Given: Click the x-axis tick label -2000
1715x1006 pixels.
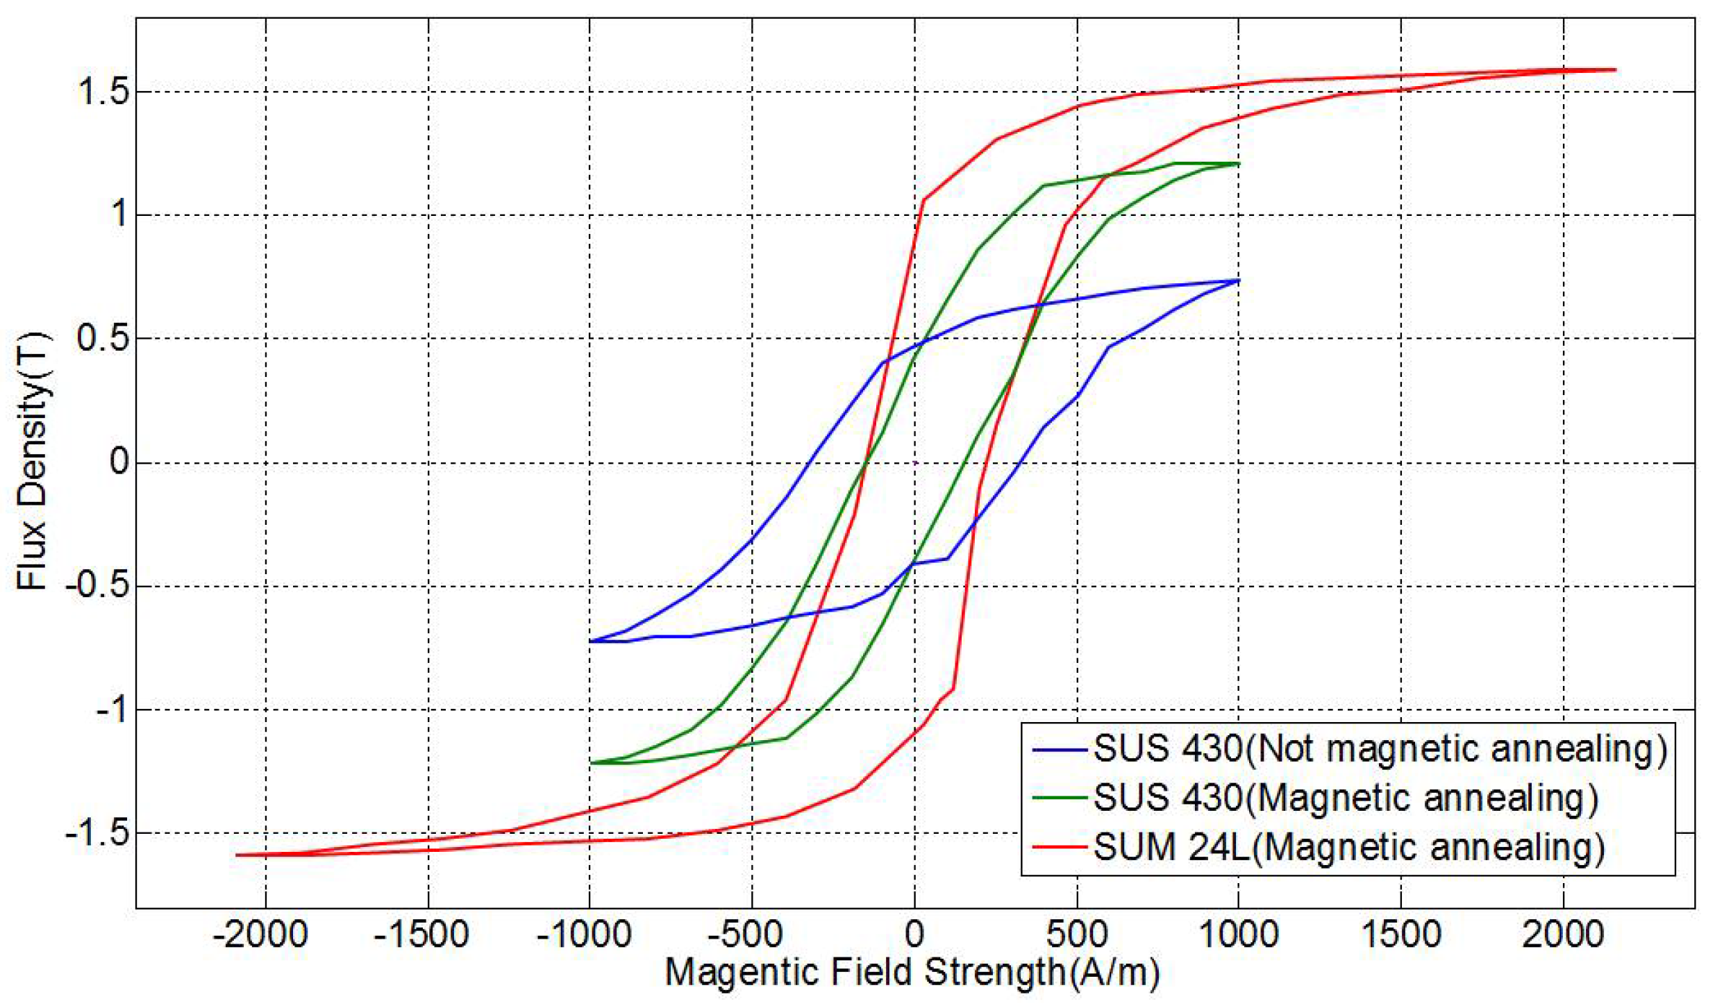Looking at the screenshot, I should (260, 935).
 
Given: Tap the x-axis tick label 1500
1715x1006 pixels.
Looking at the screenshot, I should (1401, 935).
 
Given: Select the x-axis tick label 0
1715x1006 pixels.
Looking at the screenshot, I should (914, 935).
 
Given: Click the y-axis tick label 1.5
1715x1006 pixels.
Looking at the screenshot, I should (103, 92).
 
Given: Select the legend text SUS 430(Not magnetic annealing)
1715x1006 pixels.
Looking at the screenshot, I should (1380, 749).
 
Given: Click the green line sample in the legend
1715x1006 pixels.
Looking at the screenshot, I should (1059, 798).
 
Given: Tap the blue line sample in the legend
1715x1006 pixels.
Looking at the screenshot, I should (1059, 750).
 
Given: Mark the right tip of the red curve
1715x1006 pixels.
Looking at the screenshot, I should (1615, 70).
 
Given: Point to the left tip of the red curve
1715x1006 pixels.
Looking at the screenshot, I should (237, 855).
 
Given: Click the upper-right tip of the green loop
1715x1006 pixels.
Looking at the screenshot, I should (1239, 164).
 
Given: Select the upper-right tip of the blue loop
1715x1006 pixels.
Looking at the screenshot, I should (1239, 281).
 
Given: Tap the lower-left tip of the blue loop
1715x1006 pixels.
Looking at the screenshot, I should (591, 641).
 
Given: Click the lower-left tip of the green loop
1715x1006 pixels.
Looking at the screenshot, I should (591, 763).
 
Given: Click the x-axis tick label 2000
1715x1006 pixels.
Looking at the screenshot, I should (1563, 935).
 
